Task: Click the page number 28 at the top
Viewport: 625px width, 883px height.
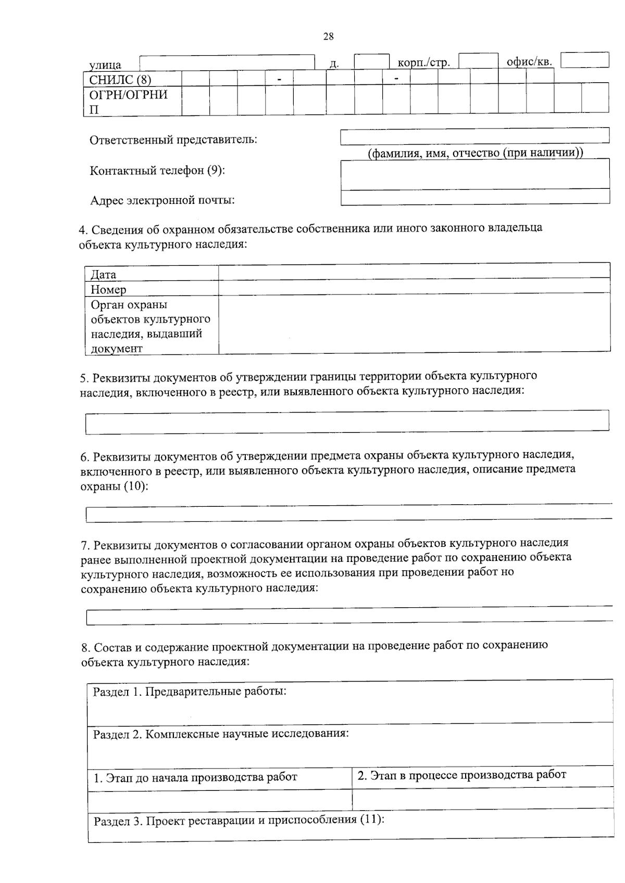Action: click(328, 36)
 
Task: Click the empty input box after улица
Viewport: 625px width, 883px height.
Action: click(227, 61)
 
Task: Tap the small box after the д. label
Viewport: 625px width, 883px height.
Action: click(371, 61)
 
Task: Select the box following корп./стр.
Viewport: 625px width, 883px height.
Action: click(478, 60)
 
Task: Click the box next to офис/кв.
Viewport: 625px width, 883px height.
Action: click(584, 60)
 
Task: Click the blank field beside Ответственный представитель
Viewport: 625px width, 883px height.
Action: click(474, 136)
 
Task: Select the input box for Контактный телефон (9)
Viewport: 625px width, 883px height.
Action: click(474, 173)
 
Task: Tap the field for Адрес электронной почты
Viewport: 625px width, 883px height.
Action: click(474, 197)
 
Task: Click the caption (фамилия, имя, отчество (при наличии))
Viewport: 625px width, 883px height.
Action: click(474, 153)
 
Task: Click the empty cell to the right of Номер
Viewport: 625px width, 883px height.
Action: click(414, 288)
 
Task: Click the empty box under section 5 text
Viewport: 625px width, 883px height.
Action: click(347, 421)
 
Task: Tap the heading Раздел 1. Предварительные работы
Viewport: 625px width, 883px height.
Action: click(190, 692)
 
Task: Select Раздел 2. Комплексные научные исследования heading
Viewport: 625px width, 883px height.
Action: click(221, 734)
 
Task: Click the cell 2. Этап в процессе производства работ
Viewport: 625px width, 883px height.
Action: click(461, 775)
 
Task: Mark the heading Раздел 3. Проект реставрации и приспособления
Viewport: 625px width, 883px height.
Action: click(239, 821)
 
